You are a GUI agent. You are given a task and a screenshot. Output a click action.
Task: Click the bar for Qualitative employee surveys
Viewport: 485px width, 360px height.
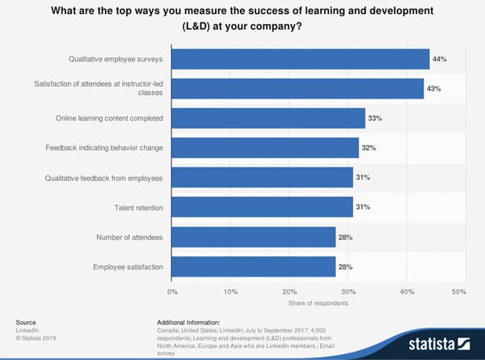[x=301, y=59]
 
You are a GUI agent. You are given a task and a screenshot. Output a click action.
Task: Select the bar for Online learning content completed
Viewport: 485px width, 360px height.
[x=268, y=119]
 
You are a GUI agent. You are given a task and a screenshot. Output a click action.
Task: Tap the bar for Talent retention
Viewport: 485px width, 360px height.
[x=263, y=207]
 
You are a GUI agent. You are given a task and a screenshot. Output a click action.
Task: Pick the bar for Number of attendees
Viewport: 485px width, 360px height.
[x=254, y=237]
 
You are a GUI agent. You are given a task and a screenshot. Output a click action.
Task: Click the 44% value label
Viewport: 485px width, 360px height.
[x=440, y=59]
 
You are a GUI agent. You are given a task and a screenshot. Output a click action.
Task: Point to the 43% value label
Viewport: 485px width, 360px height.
[x=434, y=88]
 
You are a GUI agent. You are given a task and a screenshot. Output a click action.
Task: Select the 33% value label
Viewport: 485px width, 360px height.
[x=375, y=119]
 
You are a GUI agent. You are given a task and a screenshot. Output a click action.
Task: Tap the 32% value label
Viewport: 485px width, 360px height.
[x=369, y=148]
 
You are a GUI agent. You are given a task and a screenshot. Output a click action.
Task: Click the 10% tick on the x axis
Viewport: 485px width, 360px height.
[x=230, y=290]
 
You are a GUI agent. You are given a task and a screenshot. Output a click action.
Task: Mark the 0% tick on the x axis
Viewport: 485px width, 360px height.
[x=172, y=290]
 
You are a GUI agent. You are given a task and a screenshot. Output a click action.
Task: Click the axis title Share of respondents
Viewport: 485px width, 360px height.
[x=316, y=304]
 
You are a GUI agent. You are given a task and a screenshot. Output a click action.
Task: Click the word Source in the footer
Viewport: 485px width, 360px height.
[x=25, y=322]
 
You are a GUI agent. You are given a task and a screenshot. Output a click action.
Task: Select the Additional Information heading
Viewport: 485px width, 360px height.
[x=194, y=322]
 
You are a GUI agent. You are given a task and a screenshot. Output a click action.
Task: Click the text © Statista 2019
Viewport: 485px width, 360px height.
[x=35, y=337]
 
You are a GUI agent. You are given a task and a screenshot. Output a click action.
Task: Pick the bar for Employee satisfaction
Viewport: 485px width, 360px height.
[x=254, y=266]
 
